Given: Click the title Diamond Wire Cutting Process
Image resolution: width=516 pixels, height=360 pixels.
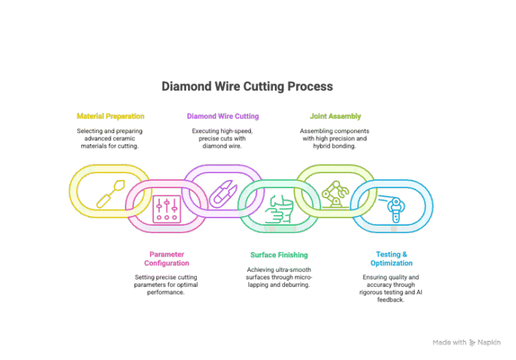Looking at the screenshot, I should (247, 87).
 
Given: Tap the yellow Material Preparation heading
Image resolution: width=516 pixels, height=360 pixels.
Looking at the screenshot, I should (110, 116).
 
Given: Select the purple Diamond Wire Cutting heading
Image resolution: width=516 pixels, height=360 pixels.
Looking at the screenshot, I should (222, 116).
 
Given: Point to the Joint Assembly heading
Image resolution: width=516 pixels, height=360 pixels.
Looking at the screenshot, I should (335, 116).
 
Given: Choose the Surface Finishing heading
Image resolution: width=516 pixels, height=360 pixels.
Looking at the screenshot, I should (279, 255).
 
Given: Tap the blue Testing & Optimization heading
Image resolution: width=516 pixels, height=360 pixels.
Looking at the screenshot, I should (392, 259).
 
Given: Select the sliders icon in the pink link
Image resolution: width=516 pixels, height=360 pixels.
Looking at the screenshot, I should (166, 208).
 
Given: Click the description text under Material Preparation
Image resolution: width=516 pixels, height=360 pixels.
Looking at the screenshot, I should (110, 138).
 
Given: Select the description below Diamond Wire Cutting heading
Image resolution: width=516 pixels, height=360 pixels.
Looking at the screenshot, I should (222, 138).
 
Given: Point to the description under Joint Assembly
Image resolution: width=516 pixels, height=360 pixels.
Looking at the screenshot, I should (335, 138).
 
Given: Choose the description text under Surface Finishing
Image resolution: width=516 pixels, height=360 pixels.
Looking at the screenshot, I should (279, 277).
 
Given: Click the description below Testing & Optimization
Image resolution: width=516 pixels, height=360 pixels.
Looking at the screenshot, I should (392, 288).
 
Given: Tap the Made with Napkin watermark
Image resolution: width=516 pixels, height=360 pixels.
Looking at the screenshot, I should (466, 343).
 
